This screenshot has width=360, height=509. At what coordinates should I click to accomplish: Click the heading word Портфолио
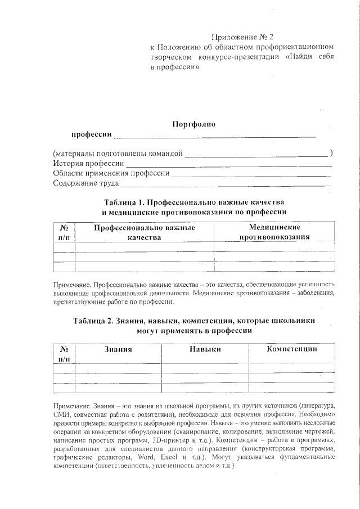click(193, 124)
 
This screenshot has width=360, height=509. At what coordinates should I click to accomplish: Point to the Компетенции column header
click(291, 349)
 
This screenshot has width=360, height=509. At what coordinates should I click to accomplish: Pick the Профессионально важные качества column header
click(144, 232)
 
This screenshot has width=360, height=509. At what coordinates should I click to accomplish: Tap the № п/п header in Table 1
click(64, 232)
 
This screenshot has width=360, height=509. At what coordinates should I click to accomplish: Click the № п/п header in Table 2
click(64, 353)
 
